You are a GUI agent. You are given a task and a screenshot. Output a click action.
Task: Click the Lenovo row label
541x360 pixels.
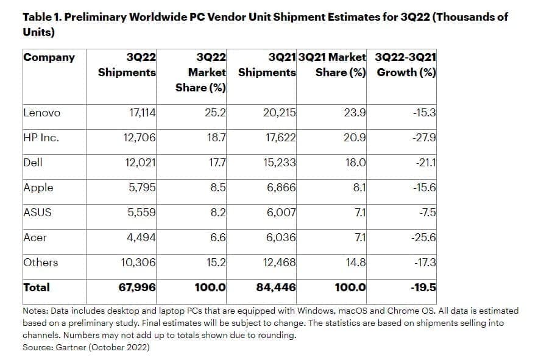tap(41, 113)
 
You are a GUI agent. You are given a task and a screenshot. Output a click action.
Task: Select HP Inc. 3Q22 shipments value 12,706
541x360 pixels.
tap(140, 138)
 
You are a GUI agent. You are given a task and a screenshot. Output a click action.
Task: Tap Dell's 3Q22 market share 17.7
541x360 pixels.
tap(217, 163)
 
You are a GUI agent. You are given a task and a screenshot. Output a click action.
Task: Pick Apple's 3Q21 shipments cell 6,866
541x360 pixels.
tap(281, 188)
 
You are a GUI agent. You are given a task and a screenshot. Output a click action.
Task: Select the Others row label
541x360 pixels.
tap(40, 263)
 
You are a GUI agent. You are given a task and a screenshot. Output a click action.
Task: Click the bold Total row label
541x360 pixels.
tap(36, 287)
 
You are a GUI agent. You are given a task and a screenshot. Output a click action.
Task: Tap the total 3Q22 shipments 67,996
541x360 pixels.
tap(138, 288)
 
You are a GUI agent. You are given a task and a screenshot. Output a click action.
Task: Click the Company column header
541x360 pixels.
tap(49, 57)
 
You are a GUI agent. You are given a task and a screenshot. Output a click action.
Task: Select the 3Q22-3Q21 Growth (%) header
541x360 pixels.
tap(406, 65)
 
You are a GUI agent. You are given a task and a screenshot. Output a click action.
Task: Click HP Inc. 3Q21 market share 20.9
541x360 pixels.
tap(355, 138)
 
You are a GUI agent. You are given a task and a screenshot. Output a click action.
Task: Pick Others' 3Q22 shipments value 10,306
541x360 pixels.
tap(139, 263)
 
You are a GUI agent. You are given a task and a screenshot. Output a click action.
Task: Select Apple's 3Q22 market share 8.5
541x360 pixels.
tap(218, 188)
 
